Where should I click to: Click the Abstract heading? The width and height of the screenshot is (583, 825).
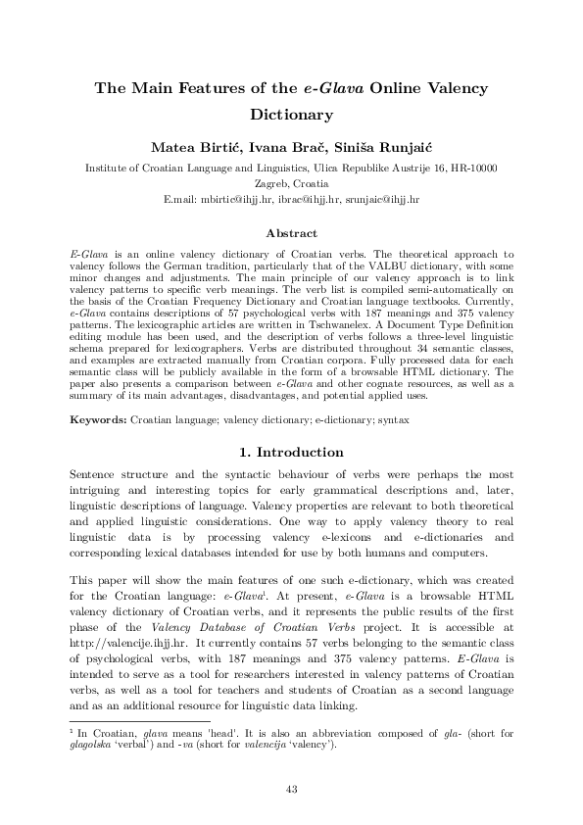[x=291, y=233]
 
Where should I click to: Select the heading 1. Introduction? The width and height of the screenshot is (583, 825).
[x=291, y=453]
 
